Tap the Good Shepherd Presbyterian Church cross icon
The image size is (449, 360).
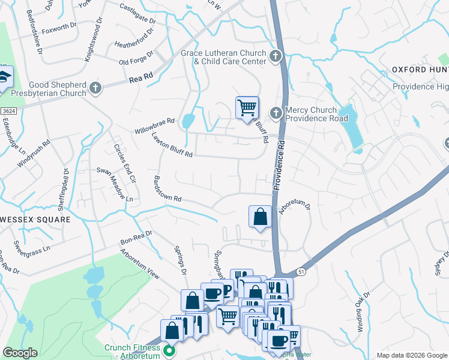click(95, 89)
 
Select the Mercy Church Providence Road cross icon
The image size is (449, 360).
click(276, 112)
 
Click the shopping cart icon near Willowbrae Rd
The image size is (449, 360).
click(247, 108)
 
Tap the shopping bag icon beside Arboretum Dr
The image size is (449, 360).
click(260, 217)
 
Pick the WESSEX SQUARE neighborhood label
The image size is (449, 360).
click(35, 220)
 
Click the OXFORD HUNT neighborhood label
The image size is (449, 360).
click(420, 70)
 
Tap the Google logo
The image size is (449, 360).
click(20, 353)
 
